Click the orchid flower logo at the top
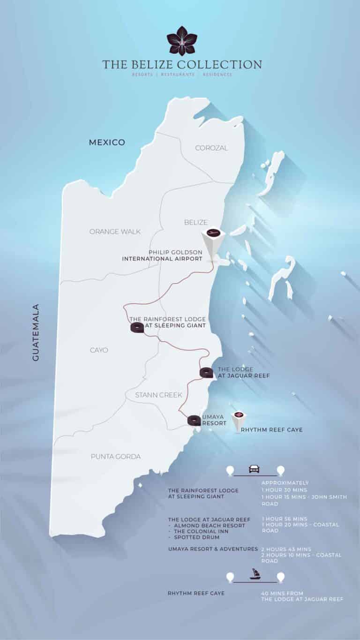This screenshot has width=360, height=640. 182,41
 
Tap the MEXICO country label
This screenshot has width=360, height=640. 107,142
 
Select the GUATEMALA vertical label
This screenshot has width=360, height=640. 36,332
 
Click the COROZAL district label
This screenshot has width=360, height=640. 211,148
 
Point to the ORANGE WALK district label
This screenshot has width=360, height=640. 115,232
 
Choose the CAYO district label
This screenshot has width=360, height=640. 98,350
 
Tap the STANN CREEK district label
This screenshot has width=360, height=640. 158,395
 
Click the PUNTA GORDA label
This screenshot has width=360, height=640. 116,456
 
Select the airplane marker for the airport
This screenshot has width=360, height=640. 213,233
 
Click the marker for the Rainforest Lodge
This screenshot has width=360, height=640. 137,327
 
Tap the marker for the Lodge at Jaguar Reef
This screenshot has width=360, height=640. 206,373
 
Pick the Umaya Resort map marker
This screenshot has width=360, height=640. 194,421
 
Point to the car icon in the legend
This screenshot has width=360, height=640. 254,468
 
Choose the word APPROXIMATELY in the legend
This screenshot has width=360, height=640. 285,483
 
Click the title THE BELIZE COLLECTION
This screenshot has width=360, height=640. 182,64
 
